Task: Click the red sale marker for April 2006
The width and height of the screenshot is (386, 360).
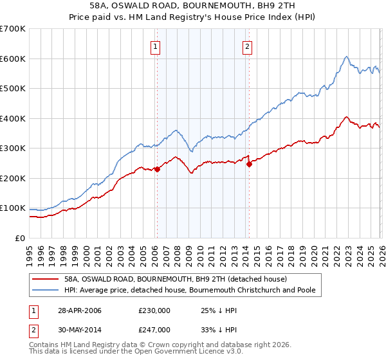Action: tap(157, 169)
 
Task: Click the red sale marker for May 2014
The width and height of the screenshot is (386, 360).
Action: tap(249, 164)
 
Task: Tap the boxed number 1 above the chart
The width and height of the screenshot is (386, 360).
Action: tap(156, 46)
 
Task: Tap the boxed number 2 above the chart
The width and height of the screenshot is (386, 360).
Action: tap(248, 46)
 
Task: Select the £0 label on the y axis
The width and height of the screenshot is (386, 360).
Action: tap(19, 238)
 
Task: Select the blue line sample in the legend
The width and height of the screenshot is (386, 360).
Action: tap(45, 290)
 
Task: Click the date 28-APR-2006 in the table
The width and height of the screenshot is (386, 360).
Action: tap(79, 310)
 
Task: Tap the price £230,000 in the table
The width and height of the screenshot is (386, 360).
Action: tap(154, 310)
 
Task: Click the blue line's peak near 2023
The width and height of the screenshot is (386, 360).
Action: tap(346, 57)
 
